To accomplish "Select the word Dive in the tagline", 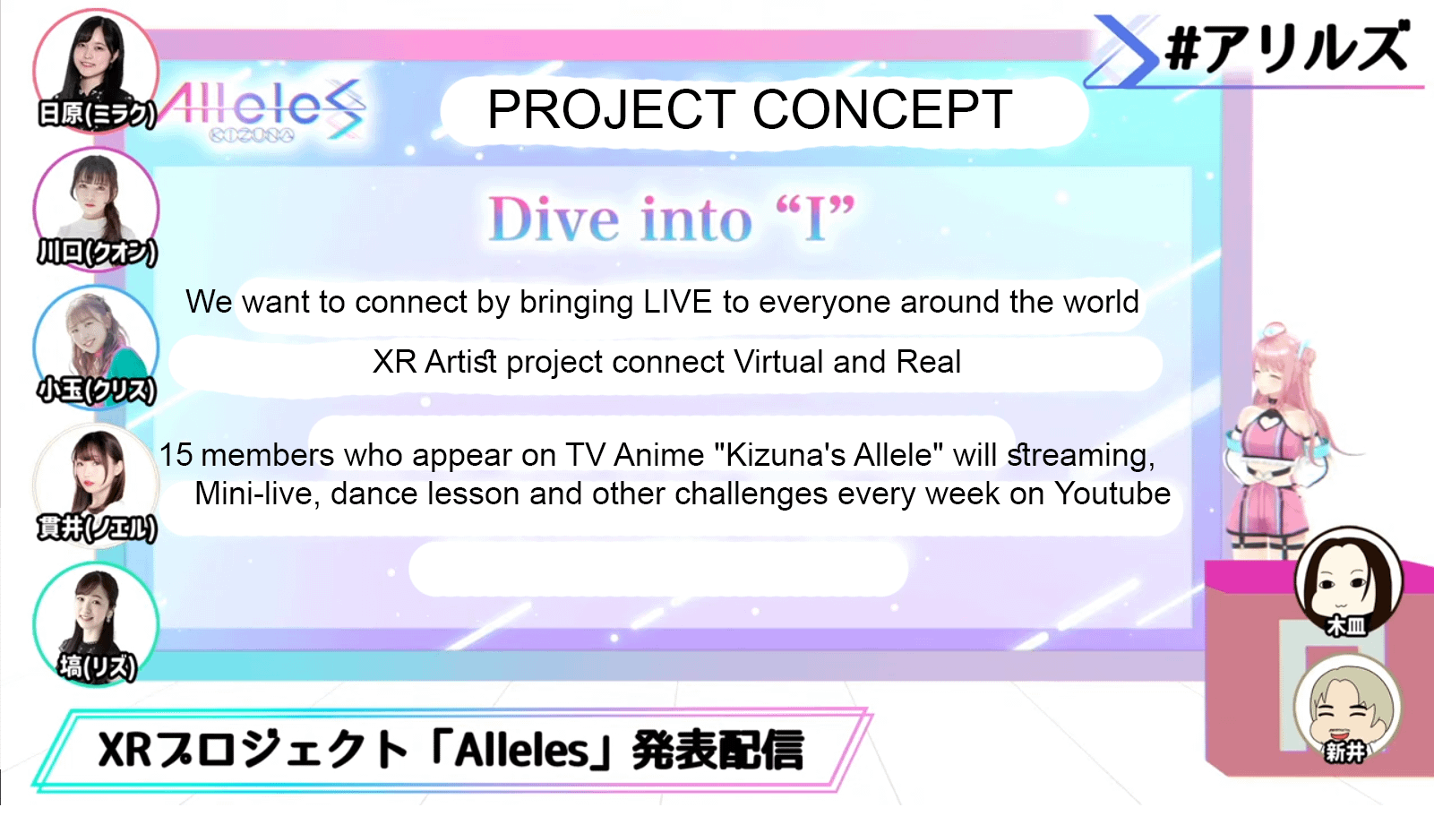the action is pos(554,219).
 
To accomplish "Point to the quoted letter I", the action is pos(815,219).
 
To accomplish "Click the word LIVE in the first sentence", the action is pos(678,302).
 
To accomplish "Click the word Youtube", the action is pos(1112,494).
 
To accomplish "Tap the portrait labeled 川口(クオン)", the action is pos(96,210).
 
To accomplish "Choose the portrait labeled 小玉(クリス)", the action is pos(96,348).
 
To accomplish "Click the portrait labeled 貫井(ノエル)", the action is pos(96,485).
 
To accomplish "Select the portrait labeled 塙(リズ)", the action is pos(96,624).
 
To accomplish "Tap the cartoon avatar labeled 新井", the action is pos(1349,709).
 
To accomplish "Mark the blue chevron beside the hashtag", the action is pos(1127,51).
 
